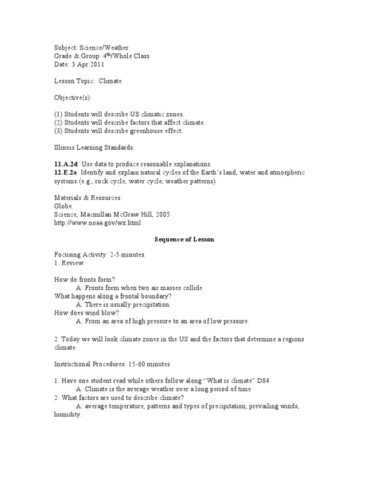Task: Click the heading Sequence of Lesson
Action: click(184, 240)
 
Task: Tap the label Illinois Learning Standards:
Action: click(96, 147)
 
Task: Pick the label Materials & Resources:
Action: click(87, 196)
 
